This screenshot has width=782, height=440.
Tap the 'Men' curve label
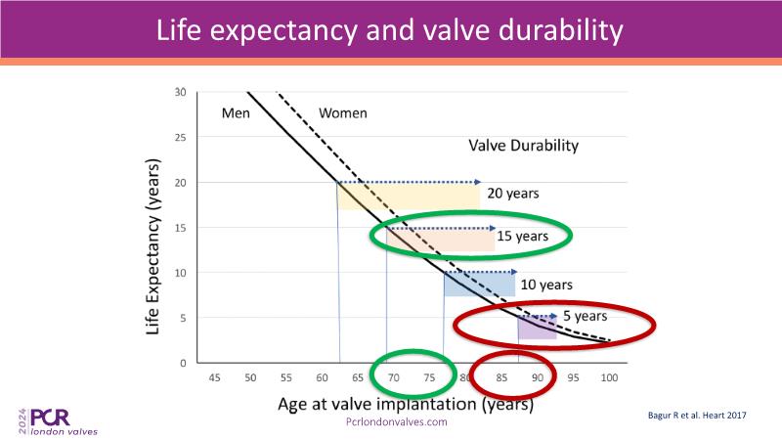click(236, 112)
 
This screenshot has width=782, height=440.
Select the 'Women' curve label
click(342, 112)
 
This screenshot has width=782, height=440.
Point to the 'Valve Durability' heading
click(523, 146)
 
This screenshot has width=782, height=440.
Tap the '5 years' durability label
click(585, 316)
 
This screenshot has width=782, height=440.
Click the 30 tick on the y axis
click(180, 93)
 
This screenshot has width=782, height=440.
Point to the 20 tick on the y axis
click(180, 183)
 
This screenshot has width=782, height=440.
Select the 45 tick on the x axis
click(214, 377)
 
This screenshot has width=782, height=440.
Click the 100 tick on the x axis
click(609, 377)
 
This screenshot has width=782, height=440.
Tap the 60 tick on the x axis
click(322, 377)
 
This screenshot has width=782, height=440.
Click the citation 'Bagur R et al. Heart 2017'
click(697, 416)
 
